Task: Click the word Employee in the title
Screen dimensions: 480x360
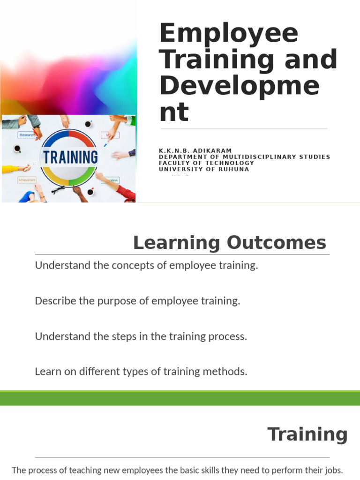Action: tap(229, 34)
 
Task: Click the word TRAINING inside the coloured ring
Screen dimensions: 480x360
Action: tap(71, 157)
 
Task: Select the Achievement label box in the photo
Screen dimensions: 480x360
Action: tap(26, 180)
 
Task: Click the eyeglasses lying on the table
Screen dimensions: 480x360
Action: tap(59, 189)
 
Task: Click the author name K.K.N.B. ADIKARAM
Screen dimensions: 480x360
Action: tap(195, 150)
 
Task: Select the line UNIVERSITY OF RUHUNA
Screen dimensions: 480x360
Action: tap(204, 169)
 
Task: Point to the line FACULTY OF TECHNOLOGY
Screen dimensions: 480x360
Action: tap(206, 163)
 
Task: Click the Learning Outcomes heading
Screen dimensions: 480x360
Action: tap(229, 243)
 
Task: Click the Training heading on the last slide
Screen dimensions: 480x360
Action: tap(307, 434)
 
